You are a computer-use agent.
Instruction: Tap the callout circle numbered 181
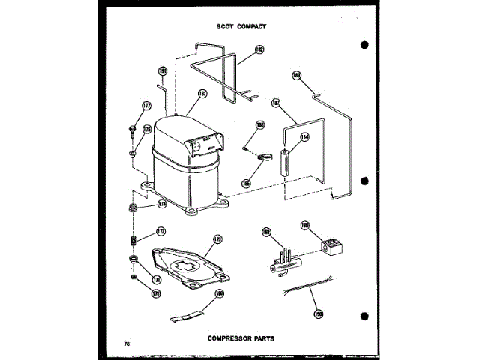202,94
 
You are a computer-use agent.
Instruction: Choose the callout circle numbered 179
218,239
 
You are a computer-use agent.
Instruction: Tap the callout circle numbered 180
220,293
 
